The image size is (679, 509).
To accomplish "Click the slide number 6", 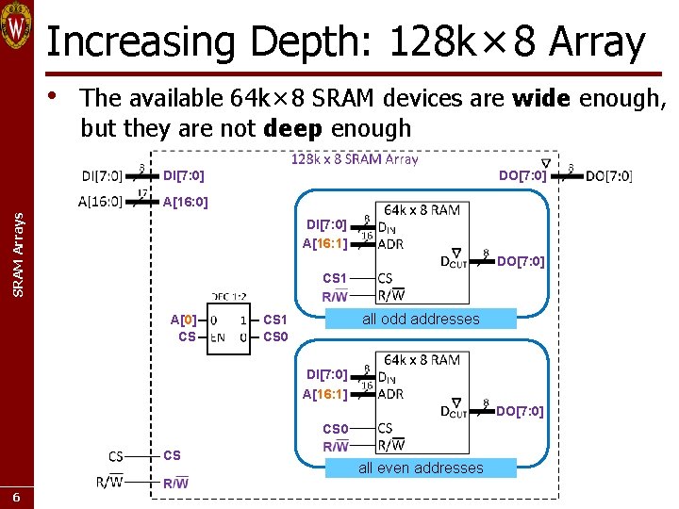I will pos(17,497).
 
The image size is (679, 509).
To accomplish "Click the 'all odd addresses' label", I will pos(421,319).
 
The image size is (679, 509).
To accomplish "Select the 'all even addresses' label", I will pos(421,468).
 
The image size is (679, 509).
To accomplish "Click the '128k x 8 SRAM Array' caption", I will pos(354,159).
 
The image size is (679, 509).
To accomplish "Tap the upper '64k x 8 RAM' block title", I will pos(422,209).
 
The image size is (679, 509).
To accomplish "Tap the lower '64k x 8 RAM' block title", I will pos(422,359).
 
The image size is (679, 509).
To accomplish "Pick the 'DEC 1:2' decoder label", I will pos(229,296).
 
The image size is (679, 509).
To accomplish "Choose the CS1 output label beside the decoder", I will pos(275,320).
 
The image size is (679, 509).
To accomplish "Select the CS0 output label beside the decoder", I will pos(275,337).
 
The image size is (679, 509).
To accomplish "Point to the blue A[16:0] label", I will pos(186,202).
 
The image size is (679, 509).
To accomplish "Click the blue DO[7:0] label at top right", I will pos(522,175).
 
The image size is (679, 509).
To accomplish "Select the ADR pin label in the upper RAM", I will pos(390,244).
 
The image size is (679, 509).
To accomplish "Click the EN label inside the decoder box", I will pos(217,337).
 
